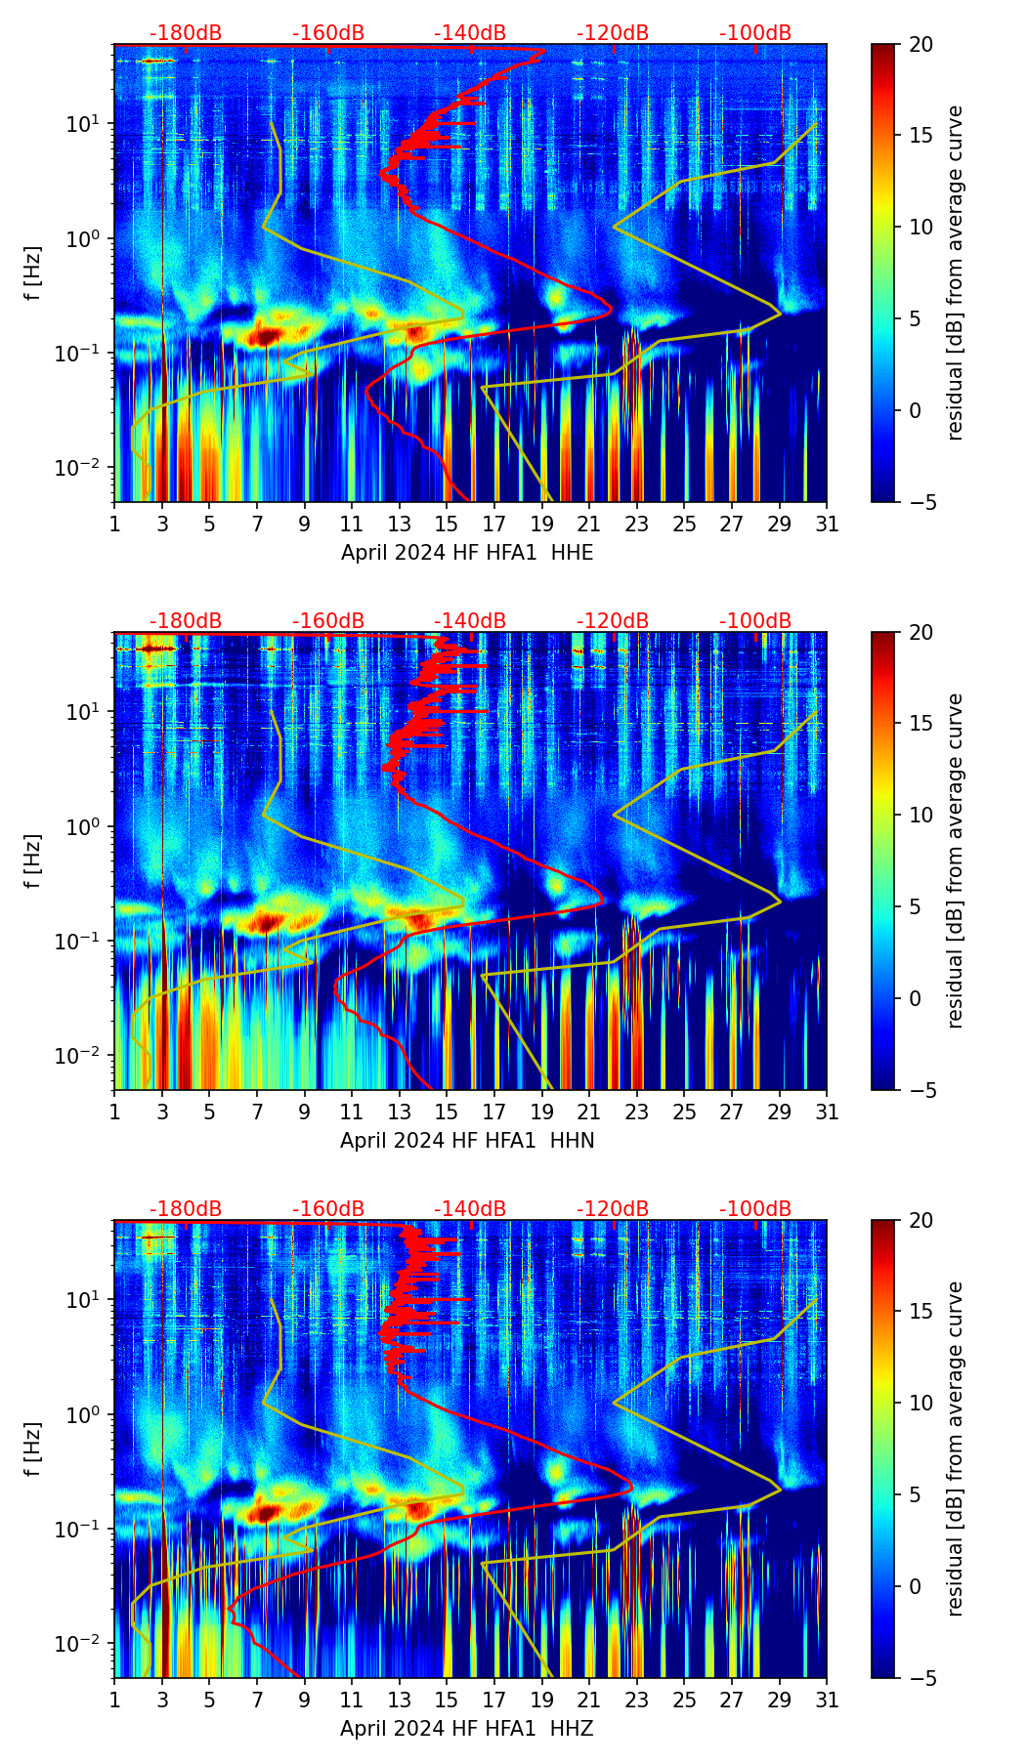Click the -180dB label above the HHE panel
click(x=186, y=33)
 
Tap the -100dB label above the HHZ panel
click(x=755, y=1209)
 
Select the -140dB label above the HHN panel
click(x=470, y=621)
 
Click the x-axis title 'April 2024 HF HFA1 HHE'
click(x=467, y=553)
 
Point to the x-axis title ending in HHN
click(x=467, y=1141)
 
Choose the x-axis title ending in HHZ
click(x=467, y=1729)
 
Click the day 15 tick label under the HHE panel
click(x=447, y=525)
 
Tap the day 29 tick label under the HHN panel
click(x=779, y=1113)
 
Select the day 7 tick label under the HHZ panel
click(x=257, y=1701)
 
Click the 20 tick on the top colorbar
click(x=921, y=45)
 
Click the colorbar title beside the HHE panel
click(x=956, y=273)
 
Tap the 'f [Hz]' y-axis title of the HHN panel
click(x=34, y=861)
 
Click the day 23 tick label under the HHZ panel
click(x=636, y=1701)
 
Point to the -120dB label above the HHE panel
click(x=613, y=33)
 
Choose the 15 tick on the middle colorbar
click(x=921, y=724)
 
